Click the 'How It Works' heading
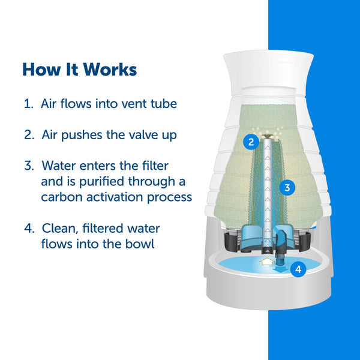(x=79, y=69)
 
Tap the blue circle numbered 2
(x=251, y=142)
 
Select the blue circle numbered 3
(x=287, y=188)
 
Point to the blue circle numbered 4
(x=298, y=269)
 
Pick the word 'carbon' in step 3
(x=62, y=197)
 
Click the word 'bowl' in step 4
(x=140, y=244)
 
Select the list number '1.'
(x=29, y=104)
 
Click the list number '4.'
(x=29, y=229)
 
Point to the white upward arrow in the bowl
(x=267, y=261)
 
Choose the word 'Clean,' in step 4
(x=60, y=229)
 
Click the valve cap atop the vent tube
(x=268, y=137)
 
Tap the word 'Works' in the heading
(x=110, y=69)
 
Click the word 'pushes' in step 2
(x=82, y=135)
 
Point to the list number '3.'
(x=29, y=166)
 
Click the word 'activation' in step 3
(x=115, y=197)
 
